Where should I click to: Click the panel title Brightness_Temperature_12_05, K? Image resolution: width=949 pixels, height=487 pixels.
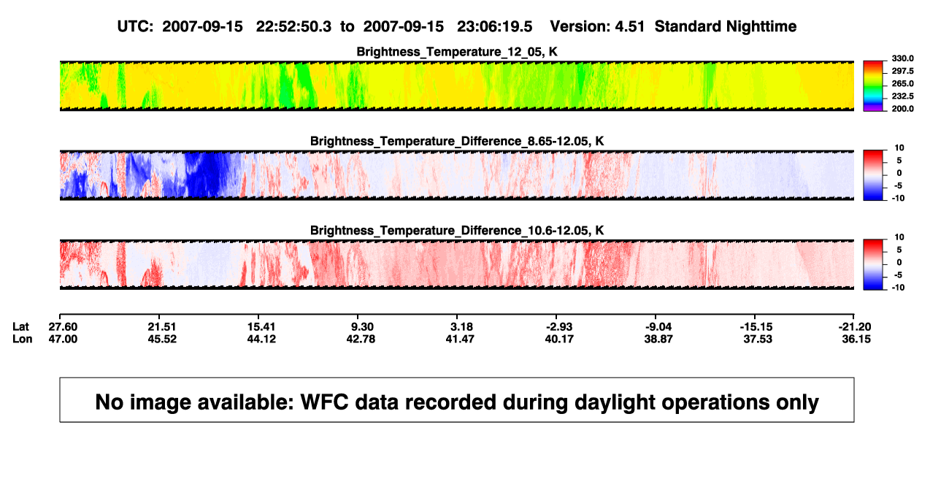(457, 52)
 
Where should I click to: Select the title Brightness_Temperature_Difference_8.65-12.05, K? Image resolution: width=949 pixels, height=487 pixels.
(457, 141)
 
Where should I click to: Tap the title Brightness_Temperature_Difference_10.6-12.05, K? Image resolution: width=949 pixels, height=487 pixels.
(457, 231)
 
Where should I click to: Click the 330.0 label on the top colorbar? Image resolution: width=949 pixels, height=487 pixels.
(902, 58)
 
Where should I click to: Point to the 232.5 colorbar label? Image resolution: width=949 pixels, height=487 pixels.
(902, 96)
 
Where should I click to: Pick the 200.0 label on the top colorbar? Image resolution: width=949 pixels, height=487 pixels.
(902, 109)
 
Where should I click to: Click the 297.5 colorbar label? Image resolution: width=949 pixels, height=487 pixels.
(902, 72)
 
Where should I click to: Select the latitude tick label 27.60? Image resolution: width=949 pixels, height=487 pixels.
(63, 327)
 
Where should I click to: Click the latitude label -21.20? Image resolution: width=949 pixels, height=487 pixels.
(855, 327)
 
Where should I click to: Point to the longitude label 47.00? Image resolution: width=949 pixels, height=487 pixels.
(63, 339)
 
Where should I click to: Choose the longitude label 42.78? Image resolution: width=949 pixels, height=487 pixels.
(361, 339)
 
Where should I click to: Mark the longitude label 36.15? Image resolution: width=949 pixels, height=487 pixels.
(856, 339)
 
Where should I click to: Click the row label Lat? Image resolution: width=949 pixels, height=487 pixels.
(20, 327)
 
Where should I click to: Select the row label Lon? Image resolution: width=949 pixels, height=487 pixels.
(23, 339)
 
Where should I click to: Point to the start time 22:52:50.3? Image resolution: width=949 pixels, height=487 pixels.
(293, 27)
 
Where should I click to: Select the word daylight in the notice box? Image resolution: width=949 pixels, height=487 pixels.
(612, 402)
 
